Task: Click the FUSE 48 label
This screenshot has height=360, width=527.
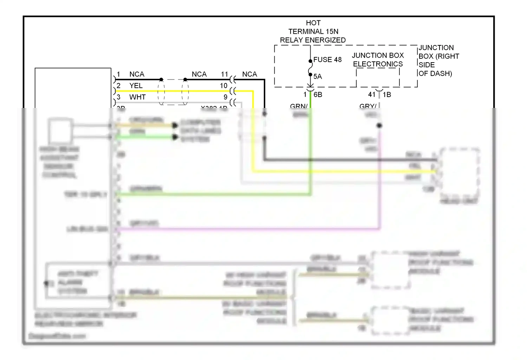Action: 327,60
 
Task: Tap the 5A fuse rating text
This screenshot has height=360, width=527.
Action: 318,77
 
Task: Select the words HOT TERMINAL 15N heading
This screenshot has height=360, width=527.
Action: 313,27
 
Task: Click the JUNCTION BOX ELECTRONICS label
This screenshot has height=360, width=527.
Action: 378,60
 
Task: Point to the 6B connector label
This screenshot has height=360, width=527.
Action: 318,95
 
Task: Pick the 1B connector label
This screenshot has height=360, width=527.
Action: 387,95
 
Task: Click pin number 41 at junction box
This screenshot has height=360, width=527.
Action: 372,95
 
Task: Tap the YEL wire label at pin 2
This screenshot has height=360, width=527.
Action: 136,86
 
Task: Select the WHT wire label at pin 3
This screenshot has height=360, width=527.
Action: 137,97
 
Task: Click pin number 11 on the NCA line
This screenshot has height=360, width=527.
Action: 225,74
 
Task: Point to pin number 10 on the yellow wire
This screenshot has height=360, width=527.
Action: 224,86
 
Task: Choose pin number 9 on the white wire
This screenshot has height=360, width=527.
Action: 226,97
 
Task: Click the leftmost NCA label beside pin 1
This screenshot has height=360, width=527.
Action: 137,74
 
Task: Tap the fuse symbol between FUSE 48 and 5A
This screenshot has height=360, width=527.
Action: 310,68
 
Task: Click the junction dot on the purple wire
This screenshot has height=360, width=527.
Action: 379,126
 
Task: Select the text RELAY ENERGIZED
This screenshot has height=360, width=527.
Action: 313,40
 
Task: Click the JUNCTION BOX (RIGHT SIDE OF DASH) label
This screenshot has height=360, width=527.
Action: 438,60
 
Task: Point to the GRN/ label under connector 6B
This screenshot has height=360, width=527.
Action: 299,106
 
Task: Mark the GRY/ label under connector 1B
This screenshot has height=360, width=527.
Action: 367,106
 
